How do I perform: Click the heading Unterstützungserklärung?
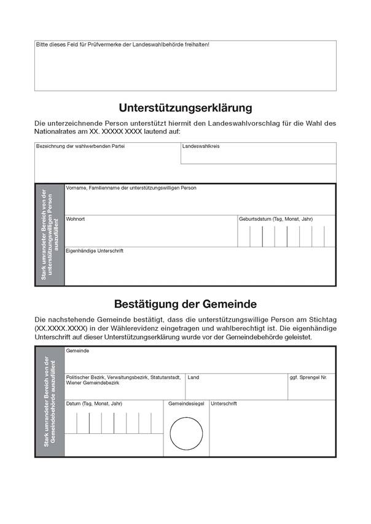[185, 108]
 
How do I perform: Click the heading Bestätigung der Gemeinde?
[185, 304]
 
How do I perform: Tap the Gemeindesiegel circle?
[185, 433]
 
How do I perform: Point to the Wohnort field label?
[76, 219]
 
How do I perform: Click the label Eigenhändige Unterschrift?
[95, 251]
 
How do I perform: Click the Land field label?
[193, 377]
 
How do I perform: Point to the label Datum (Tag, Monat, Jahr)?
[94, 404]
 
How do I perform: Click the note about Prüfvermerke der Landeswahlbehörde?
[122, 45]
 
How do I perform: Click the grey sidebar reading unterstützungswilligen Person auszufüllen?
[49, 234]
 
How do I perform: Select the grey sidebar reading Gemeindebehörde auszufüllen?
[49, 402]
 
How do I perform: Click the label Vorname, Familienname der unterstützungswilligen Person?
[131, 188]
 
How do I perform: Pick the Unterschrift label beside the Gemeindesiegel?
[224, 404]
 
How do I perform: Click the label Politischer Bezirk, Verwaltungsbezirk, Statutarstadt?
[123, 377]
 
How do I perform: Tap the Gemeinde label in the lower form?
[77, 350]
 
